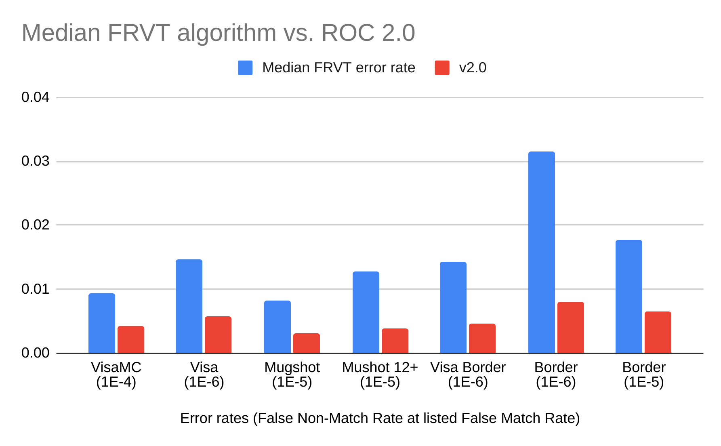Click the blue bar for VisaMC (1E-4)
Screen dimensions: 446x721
pyautogui.click(x=102, y=323)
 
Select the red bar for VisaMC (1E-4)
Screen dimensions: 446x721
pyautogui.click(x=131, y=339)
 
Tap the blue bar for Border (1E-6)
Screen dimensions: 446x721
pyautogui.click(x=541, y=252)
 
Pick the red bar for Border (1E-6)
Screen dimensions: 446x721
pyautogui.click(x=570, y=327)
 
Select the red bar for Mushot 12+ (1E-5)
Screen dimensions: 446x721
pyautogui.click(x=395, y=341)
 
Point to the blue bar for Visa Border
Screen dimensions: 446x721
pyautogui.click(x=453, y=307)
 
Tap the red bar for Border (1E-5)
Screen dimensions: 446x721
pyautogui.click(x=658, y=332)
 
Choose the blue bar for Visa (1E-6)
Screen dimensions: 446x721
pyautogui.click(x=189, y=306)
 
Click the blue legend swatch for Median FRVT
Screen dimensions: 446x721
pyautogui.click(x=245, y=68)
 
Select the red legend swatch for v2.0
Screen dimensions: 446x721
pyautogui.click(x=442, y=68)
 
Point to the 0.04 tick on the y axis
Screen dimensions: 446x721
pyautogui.click(x=36, y=97)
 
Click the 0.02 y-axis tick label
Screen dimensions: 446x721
pyautogui.click(x=36, y=225)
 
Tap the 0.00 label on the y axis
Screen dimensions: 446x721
pyautogui.click(x=36, y=353)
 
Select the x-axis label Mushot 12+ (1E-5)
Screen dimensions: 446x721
pyautogui.click(x=380, y=374)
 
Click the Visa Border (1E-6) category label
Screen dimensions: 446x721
pyautogui.click(x=468, y=374)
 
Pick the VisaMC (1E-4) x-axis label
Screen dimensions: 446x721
pyautogui.click(x=116, y=374)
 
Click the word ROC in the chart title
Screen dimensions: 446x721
pyautogui.click(x=348, y=33)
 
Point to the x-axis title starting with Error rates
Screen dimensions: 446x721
pyautogui.click(x=380, y=418)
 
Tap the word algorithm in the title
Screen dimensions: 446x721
pyautogui.click(x=227, y=33)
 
